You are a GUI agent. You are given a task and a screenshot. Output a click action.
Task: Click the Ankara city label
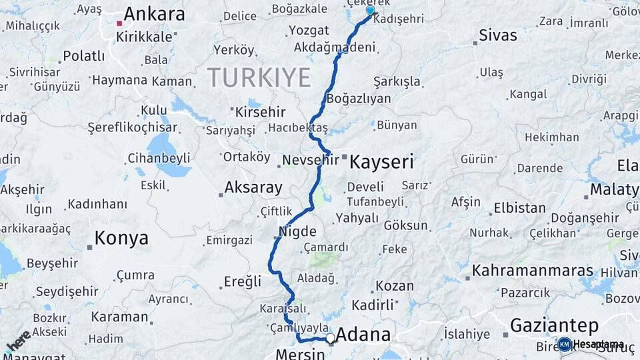(x=154, y=14)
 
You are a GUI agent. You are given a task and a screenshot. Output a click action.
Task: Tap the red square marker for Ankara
(x=119, y=23)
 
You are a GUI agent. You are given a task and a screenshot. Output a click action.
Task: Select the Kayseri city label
(x=382, y=161)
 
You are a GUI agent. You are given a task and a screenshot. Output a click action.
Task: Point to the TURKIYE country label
(x=259, y=77)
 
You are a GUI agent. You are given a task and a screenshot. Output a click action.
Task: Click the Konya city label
(x=121, y=238)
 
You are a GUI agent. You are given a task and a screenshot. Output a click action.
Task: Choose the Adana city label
(x=363, y=334)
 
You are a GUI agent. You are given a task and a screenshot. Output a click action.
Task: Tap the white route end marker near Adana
(x=330, y=339)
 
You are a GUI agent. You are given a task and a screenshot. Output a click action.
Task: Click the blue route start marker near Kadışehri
(x=370, y=11)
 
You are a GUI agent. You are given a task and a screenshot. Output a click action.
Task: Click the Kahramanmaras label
(x=533, y=271)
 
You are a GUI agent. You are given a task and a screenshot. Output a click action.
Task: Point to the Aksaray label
(x=253, y=187)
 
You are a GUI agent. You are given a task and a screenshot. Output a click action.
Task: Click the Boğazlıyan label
(x=359, y=99)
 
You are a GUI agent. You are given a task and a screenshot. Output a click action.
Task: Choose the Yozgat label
(x=309, y=31)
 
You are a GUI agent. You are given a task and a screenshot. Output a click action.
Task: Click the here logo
(x=18, y=341)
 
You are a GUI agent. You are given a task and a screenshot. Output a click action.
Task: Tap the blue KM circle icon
(x=565, y=344)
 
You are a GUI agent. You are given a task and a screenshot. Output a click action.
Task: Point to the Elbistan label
(x=519, y=207)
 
